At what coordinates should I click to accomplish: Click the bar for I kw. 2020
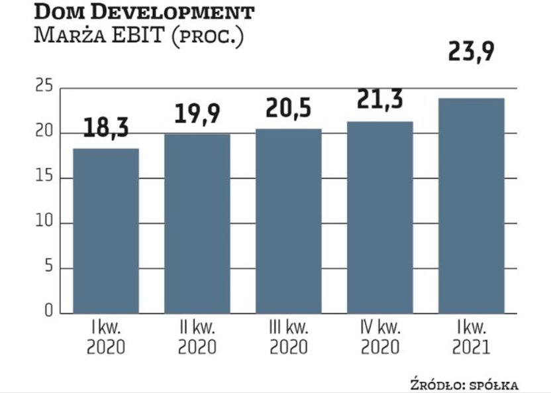click(106, 231)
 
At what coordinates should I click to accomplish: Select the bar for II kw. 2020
click(197, 223)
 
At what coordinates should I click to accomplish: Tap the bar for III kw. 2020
click(289, 221)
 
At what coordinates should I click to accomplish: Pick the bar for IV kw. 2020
click(380, 217)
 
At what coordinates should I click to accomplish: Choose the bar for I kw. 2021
click(472, 205)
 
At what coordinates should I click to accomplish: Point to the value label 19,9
click(197, 113)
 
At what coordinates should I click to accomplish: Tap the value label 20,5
click(289, 108)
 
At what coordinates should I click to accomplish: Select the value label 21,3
click(380, 101)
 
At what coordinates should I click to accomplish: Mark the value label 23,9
click(472, 52)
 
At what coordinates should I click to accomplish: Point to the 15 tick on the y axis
click(44, 178)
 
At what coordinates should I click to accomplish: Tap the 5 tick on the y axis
click(47, 268)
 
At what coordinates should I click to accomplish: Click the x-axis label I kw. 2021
click(472, 337)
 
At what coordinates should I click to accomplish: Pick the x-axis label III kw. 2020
click(289, 337)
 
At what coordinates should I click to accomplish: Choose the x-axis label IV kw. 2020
click(380, 337)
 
